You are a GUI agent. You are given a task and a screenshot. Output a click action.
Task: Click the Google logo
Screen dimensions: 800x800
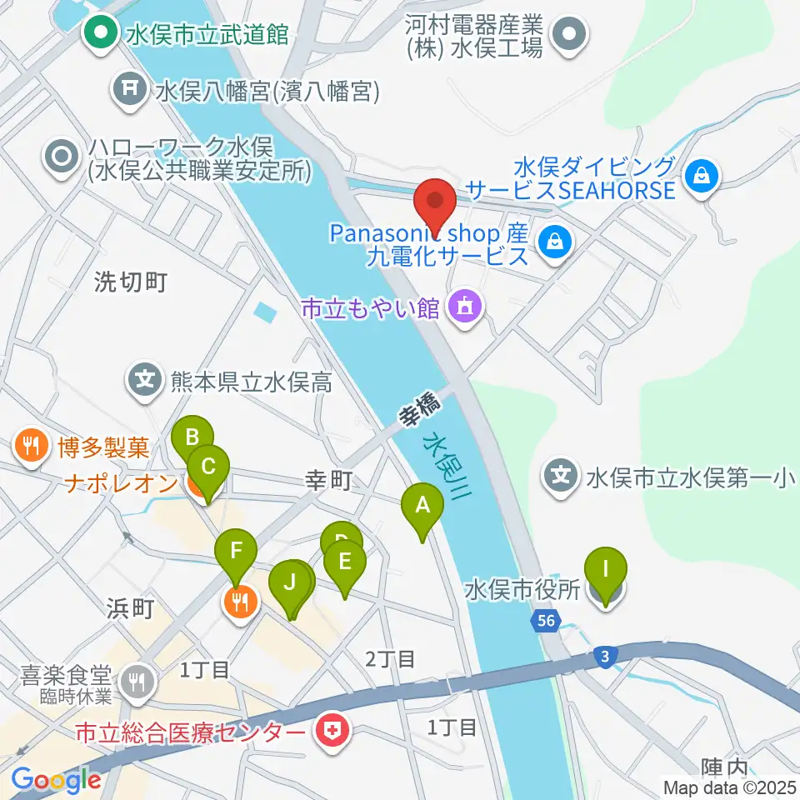(x=56, y=780)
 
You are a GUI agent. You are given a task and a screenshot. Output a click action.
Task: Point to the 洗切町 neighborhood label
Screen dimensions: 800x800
(x=131, y=282)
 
